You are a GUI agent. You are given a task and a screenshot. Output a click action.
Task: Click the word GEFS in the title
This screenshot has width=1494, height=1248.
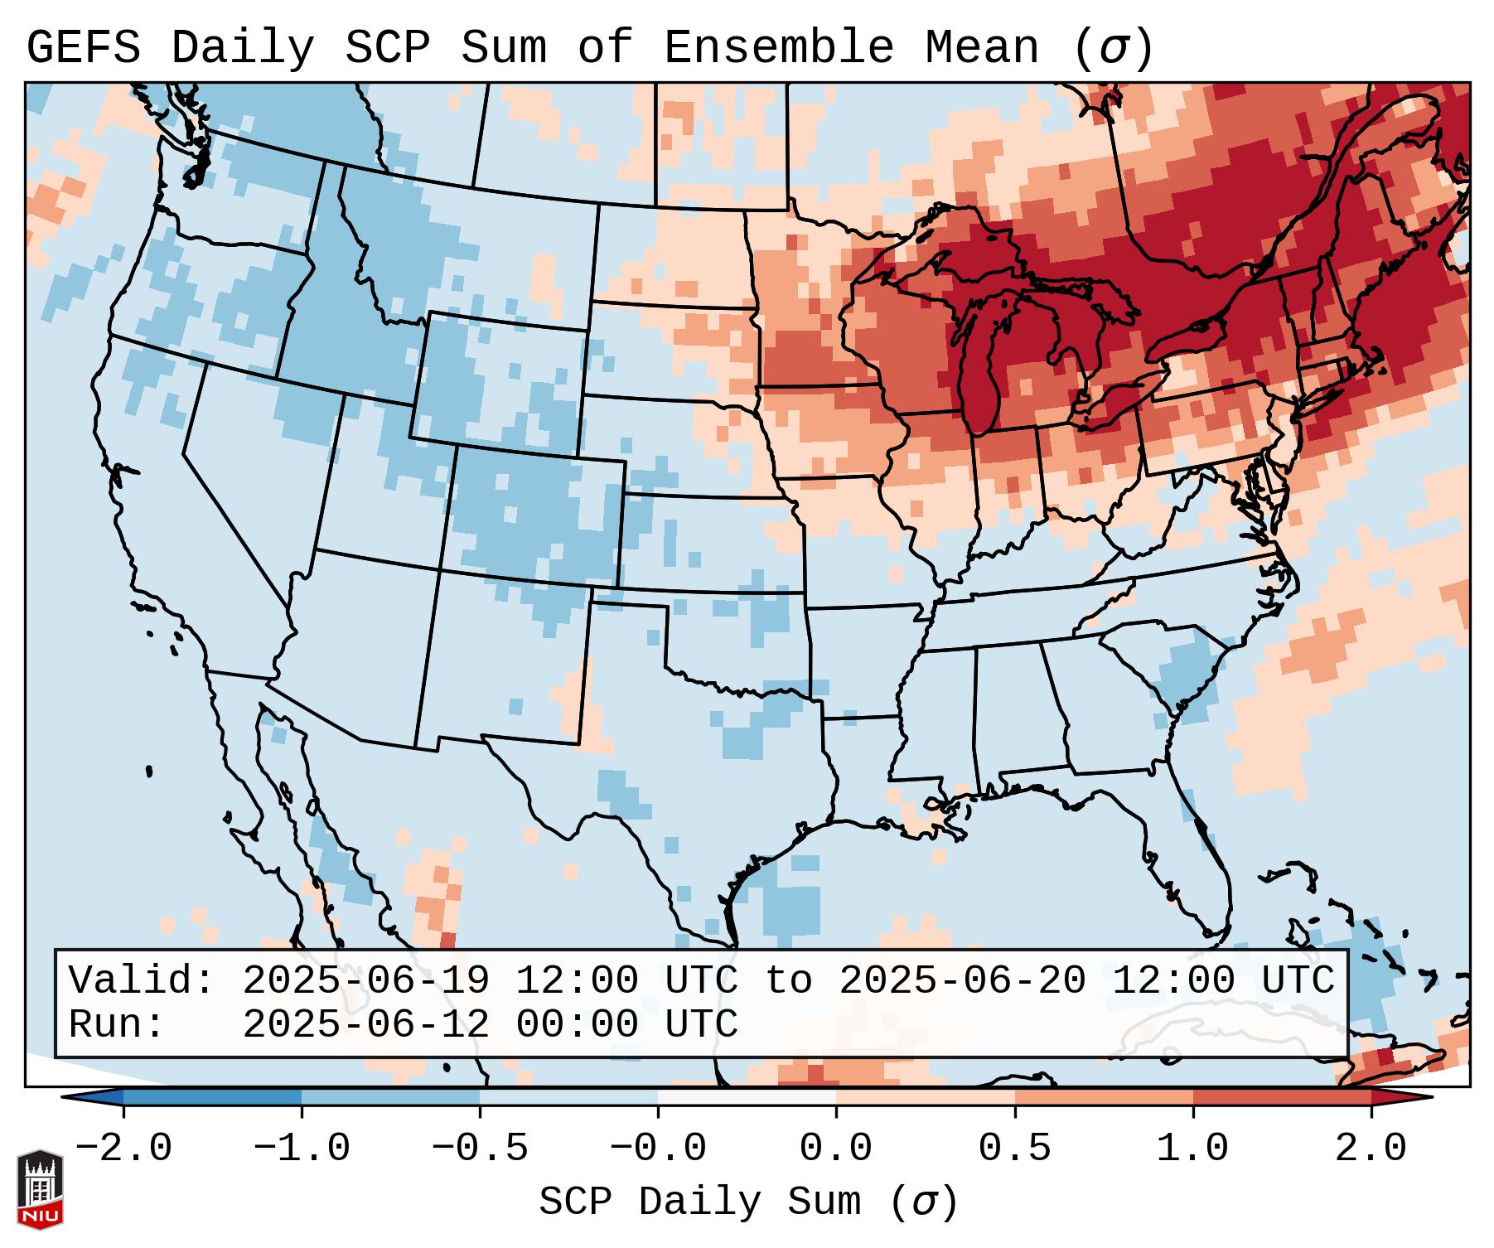pos(83,49)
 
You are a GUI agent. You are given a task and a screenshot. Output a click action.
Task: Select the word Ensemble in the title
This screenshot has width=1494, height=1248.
pos(778,49)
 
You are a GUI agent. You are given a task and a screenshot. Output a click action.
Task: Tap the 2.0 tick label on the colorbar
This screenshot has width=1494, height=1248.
pos(1371,1149)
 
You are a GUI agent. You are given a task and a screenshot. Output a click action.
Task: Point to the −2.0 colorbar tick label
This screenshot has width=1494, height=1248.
pos(123,1149)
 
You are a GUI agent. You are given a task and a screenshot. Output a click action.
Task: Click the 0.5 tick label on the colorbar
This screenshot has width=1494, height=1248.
pos(1014,1149)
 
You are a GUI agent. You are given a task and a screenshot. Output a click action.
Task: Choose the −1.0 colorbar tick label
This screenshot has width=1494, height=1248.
pos(302,1149)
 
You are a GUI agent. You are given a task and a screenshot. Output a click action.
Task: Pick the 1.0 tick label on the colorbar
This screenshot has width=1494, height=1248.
pos(1192,1149)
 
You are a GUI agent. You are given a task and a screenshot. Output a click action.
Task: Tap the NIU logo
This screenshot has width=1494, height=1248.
pos(40,1188)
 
